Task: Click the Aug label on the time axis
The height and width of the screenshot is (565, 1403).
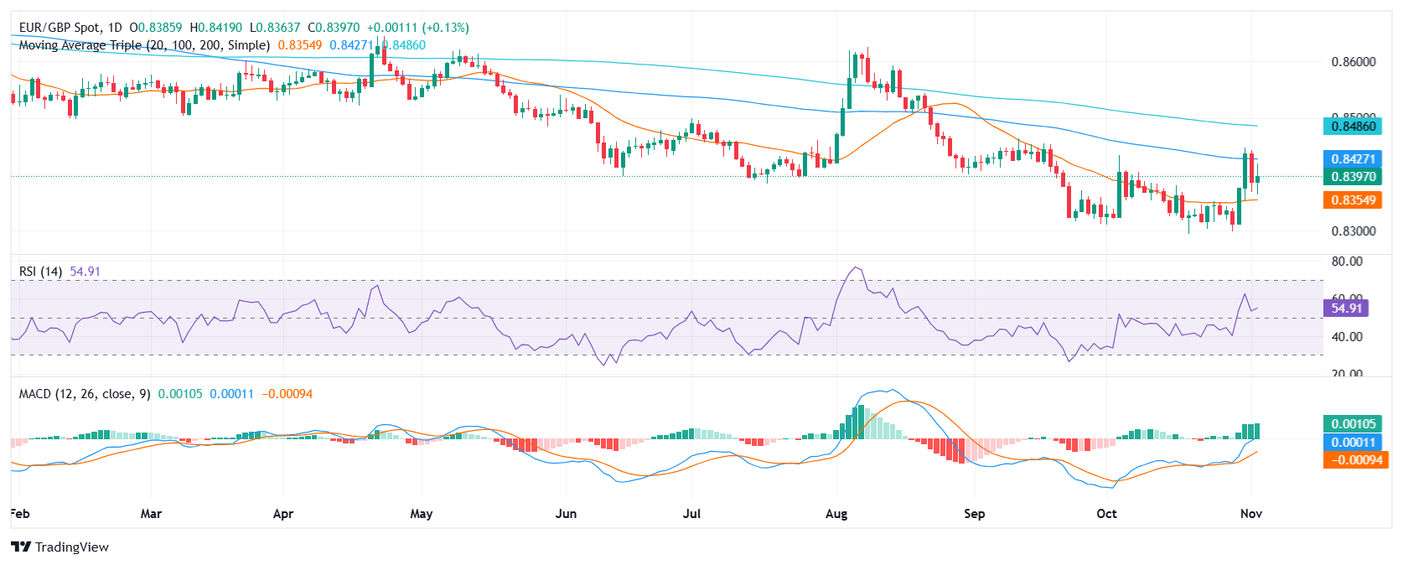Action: (x=836, y=513)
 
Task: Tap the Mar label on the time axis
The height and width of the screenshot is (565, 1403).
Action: (x=151, y=513)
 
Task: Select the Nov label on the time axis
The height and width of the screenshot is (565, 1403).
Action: (x=1250, y=513)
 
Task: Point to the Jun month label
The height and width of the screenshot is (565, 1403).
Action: (x=566, y=513)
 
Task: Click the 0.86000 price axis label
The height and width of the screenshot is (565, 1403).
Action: (x=1354, y=62)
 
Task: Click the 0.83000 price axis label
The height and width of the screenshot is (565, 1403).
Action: (x=1354, y=231)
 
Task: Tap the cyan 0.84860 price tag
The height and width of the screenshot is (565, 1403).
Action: (x=1354, y=127)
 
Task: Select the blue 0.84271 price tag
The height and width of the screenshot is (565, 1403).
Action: (x=1354, y=158)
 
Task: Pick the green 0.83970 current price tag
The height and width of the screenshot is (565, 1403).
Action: (x=1354, y=177)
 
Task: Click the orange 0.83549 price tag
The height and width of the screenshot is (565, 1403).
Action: (x=1354, y=200)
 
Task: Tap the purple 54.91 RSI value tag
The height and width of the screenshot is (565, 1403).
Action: (x=1346, y=308)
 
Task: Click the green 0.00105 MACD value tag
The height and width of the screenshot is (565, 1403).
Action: (x=1354, y=424)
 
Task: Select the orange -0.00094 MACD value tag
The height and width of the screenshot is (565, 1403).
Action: (x=1354, y=459)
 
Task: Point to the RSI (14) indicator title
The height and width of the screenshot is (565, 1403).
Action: (x=40, y=272)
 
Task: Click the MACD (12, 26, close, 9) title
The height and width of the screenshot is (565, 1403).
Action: (x=85, y=394)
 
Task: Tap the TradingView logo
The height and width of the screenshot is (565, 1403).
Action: (x=60, y=547)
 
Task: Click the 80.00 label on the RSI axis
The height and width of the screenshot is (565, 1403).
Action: (x=1347, y=262)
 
